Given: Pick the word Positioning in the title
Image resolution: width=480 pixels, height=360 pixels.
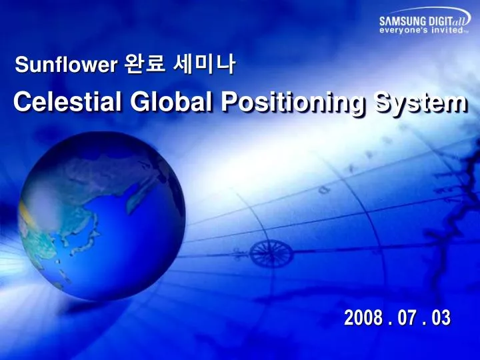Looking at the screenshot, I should [x=293, y=103].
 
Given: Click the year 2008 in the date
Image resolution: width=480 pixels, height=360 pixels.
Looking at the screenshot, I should [x=363, y=318].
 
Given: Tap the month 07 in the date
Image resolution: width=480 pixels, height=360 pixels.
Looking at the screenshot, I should [x=406, y=318].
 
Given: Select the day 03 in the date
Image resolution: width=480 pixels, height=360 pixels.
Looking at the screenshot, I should [x=441, y=318].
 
